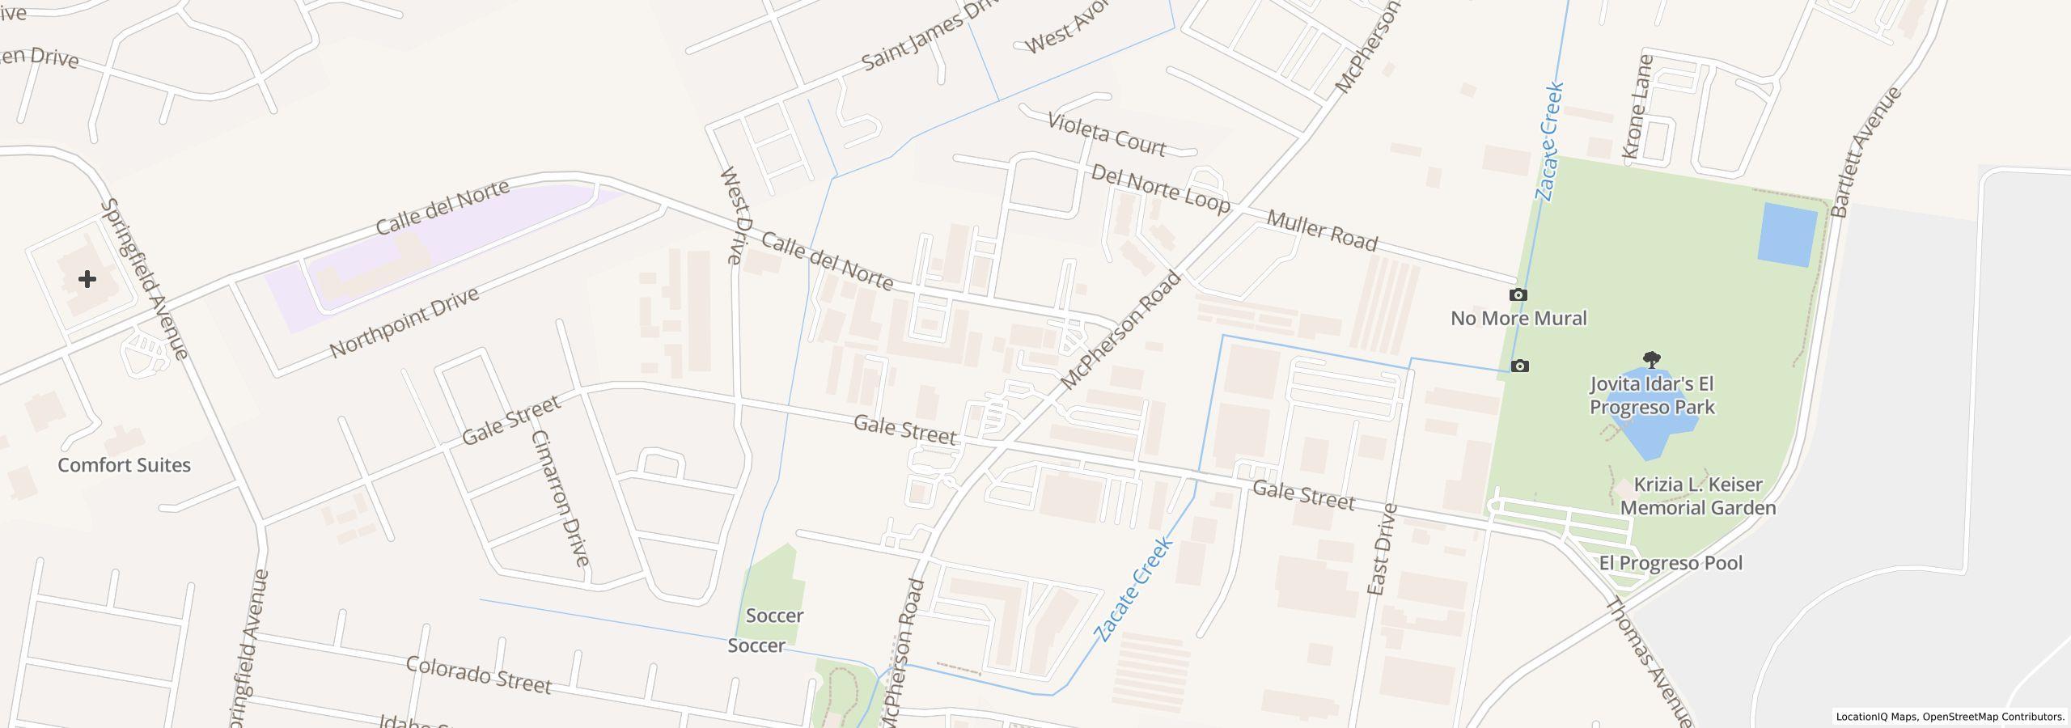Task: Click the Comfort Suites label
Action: click(x=124, y=465)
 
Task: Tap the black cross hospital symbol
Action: click(x=87, y=279)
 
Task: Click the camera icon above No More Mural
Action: click(x=1518, y=294)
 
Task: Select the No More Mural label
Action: click(x=1518, y=318)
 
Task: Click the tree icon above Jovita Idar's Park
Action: click(x=1651, y=360)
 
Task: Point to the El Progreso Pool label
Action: click(x=1671, y=563)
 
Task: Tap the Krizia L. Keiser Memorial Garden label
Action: click(x=1697, y=496)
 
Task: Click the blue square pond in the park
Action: click(x=1787, y=235)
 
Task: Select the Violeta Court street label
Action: click(x=1106, y=135)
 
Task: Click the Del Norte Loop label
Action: click(x=1160, y=188)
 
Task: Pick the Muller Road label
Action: click(x=1322, y=231)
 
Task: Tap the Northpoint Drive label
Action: click(x=404, y=323)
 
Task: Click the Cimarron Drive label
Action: click(x=560, y=497)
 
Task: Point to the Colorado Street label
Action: click(x=478, y=675)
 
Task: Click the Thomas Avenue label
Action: click(x=1648, y=661)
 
